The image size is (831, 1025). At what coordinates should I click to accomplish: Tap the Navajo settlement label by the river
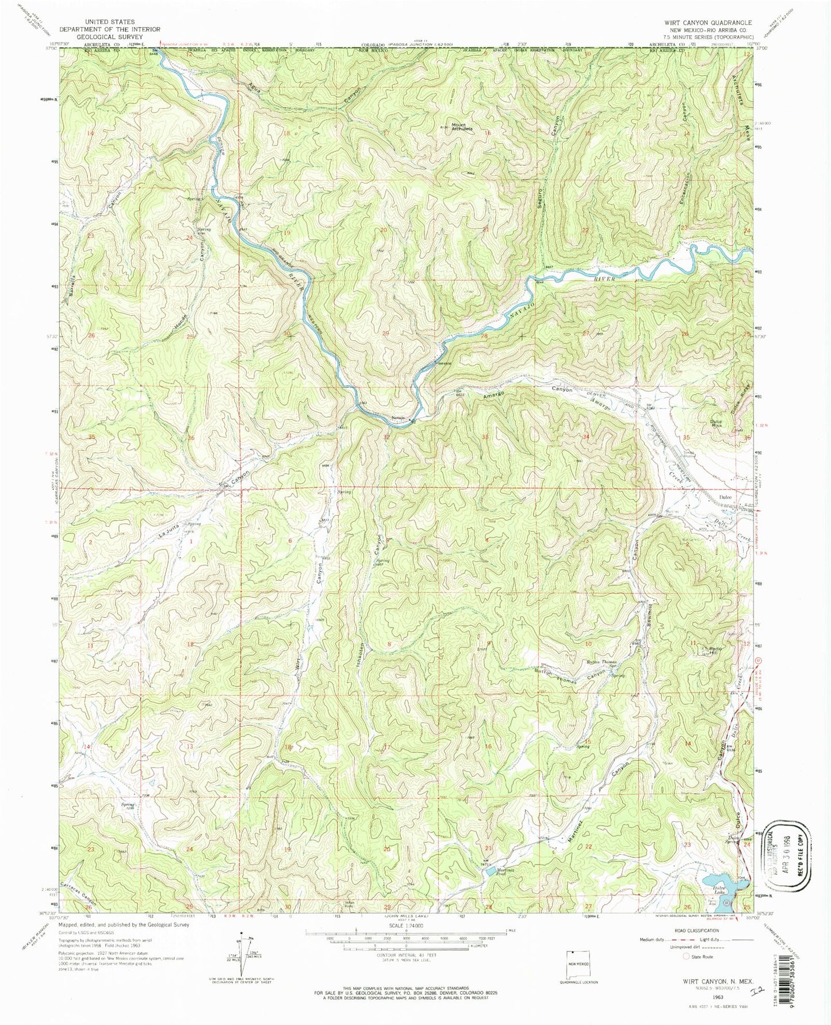pos(398,418)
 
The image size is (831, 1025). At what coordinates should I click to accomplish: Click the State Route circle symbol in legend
pos(686,957)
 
